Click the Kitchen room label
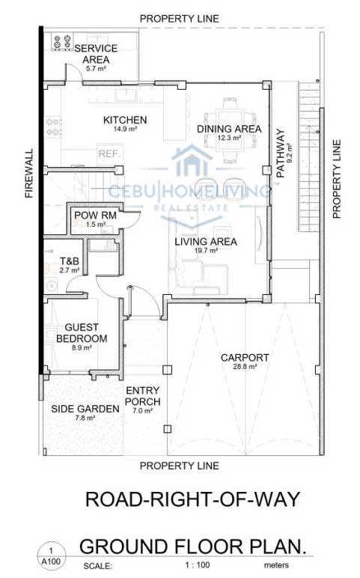(x=125, y=121)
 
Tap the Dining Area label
(x=229, y=129)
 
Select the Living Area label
(x=206, y=242)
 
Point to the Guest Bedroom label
(x=82, y=333)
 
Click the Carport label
(x=245, y=358)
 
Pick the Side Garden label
(x=85, y=409)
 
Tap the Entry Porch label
(x=143, y=396)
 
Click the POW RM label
(x=96, y=216)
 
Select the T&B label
(x=70, y=261)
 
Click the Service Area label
(x=96, y=54)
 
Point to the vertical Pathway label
(x=281, y=153)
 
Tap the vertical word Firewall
(x=29, y=173)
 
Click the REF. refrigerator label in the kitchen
(x=108, y=153)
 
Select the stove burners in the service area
(x=62, y=42)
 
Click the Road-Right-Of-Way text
(x=192, y=499)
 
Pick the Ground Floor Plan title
(x=193, y=547)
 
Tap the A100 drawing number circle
(x=51, y=556)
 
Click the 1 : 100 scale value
(x=198, y=565)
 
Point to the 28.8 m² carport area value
(x=245, y=367)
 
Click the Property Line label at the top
(x=180, y=19)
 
